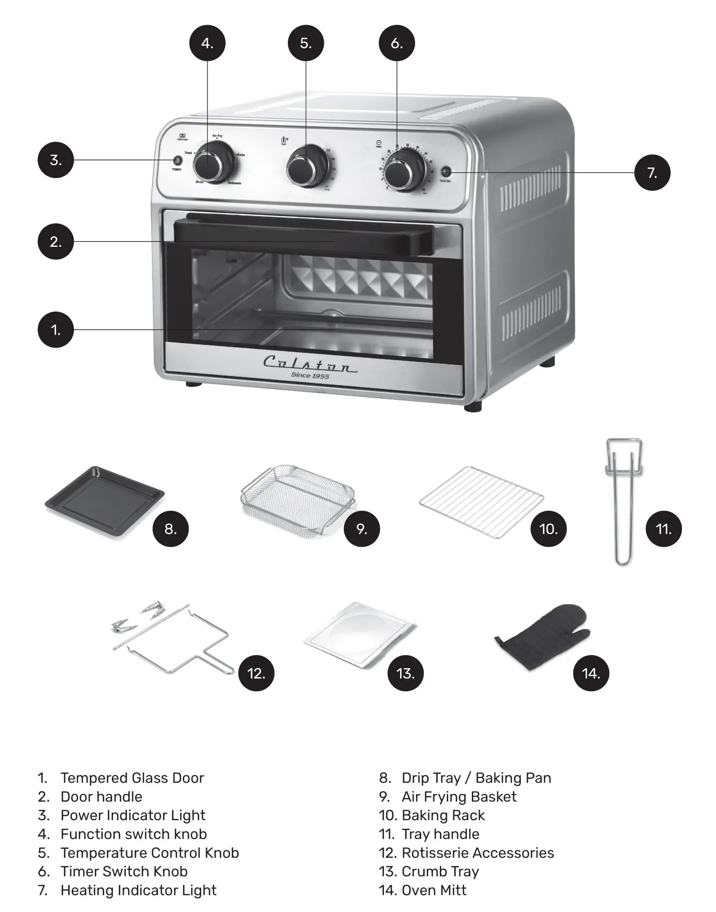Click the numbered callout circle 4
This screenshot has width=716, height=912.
pos(207,43)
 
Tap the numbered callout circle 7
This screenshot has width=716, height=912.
pos(652,173)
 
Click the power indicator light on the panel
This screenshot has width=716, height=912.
pos(176,161)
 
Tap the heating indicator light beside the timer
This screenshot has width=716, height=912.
pos(445,172)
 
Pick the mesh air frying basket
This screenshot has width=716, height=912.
pos(297,500)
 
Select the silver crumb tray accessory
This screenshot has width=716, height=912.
pos(360,633)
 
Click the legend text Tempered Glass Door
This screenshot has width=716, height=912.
pos(132,778)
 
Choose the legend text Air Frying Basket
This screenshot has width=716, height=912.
pos(459,797)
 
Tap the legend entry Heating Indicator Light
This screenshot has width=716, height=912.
pos(138,890)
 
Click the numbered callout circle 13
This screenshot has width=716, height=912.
pos(405,673)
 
